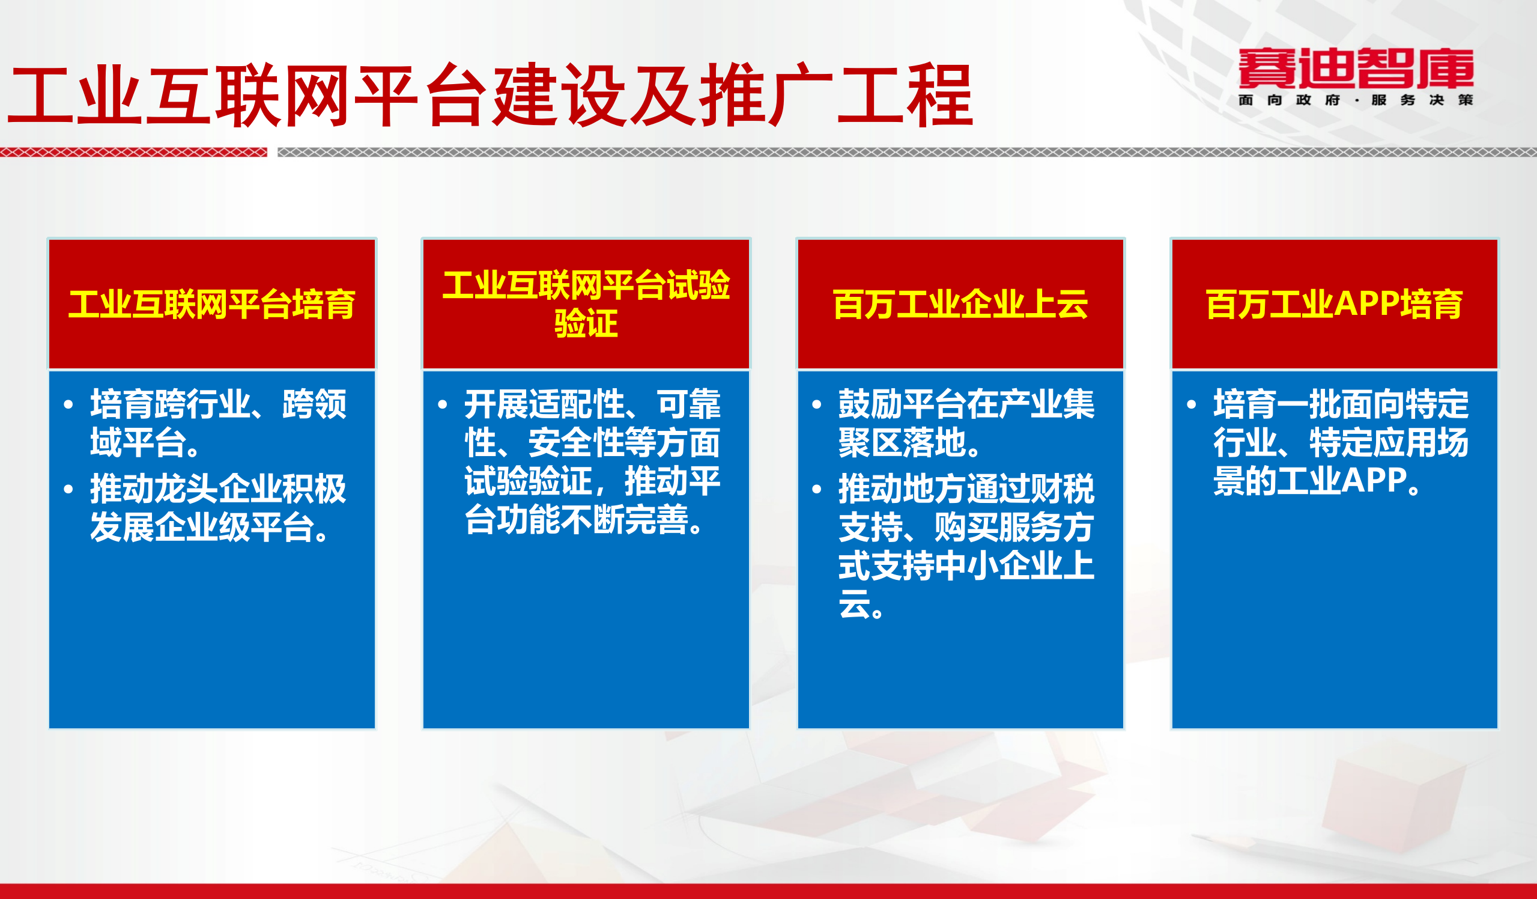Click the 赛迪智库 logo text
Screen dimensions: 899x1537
(x=1355, y=68)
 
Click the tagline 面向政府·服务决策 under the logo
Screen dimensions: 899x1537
(x=1355, y=100)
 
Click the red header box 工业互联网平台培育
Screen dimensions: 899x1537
(x=211, y=304)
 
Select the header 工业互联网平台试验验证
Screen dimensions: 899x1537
(x=586, y=304)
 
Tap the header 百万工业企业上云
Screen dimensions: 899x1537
(x=960, y=304)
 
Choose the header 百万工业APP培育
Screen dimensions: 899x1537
(x=1335, y=304)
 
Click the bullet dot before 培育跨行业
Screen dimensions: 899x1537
(x=68, y=404)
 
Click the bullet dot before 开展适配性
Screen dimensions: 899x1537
(x=443, y=404)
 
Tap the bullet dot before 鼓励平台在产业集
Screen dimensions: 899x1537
(x=817, y=404)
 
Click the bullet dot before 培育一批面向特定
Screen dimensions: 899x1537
(x=1192, y=404)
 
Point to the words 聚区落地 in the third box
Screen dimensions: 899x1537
(x=902, y=442)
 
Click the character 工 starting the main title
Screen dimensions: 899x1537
(x=40, y=96)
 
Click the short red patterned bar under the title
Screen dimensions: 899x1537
(x=133, y=152)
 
